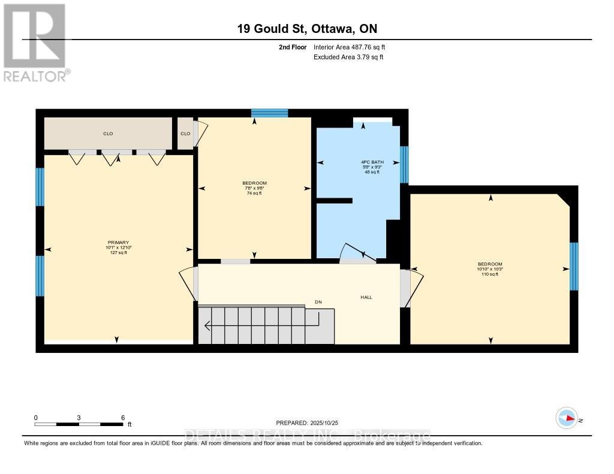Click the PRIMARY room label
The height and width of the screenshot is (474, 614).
(x=117, y=242)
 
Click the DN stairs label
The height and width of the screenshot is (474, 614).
(x=318, y=302)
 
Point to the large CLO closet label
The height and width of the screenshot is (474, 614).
(x=108, y=134)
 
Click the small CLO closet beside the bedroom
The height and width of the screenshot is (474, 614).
(x=185, y=134)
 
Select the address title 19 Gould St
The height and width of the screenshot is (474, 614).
(x=306, y=29)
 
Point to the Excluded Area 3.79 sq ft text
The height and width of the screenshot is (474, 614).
(x=348, y=57)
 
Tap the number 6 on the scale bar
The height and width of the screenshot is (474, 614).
(x=122, y=418)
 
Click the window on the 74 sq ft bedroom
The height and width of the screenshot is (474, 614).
(x=269, y=113)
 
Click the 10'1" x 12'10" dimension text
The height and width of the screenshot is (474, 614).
(x=117, y=247)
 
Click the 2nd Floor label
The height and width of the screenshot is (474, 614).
(x=293, y=47)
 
